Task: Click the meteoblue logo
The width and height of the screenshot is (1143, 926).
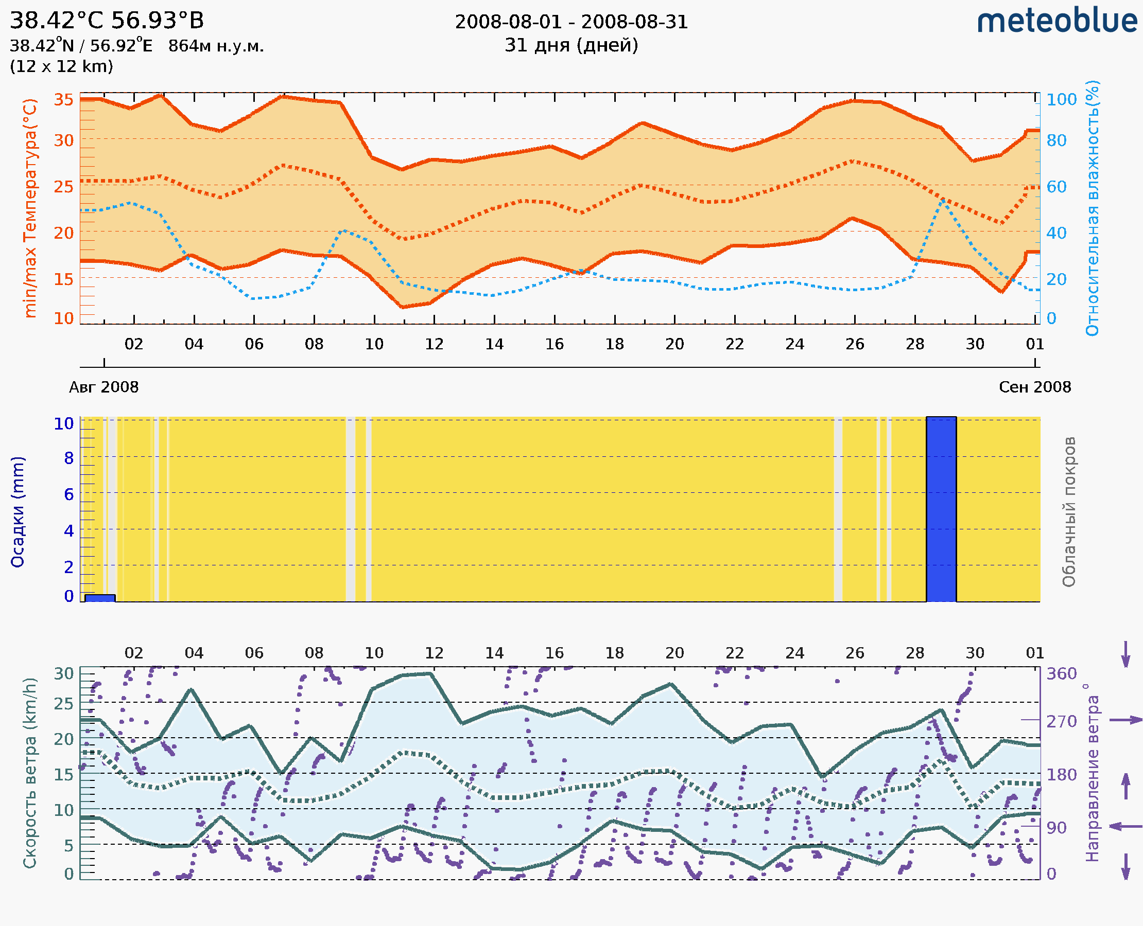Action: [x=1057, y=21]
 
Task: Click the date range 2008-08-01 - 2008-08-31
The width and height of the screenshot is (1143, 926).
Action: [x=571, y=22]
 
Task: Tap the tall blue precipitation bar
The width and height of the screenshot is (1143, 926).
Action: [x=941, y=509]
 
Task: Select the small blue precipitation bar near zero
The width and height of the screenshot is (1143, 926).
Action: [x=100, y=598]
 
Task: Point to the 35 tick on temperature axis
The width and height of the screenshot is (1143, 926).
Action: [x=63, y=100]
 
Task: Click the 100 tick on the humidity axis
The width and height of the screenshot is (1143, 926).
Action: [x=1061, y=100]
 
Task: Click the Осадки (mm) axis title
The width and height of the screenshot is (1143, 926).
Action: [x=18, y=511]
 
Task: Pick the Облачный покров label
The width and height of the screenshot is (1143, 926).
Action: [x=1068, y=511]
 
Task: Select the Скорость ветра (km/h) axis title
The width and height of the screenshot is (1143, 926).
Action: [x=30, y=773]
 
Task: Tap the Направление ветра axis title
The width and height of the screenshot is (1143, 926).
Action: [x=1093, y=773]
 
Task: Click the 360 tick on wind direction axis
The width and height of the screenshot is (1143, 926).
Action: [x=1061, y=674]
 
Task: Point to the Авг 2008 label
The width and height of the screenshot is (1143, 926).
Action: [x=103, y=387]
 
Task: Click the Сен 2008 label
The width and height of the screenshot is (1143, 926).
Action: [x=1035, y=387]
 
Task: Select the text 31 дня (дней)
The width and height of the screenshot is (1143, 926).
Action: [x=571, y=45]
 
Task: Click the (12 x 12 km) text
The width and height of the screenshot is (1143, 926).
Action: [x=61, y=66]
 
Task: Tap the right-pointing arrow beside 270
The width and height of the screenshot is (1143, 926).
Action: [x=1125, y=720]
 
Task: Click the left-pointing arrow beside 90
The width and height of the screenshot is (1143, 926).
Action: [x=1125, y=826]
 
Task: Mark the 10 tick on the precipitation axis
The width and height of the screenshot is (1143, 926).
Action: [x=63, y=423]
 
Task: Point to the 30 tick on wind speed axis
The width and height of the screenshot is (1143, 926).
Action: [x=63, y=674]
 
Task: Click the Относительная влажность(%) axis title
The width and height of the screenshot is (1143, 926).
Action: [x=1093, y=208]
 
